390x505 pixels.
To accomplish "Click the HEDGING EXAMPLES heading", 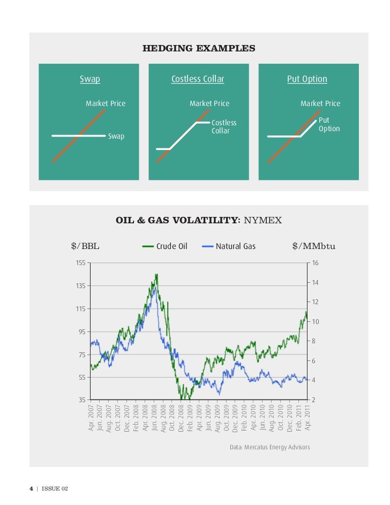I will pos(199,49).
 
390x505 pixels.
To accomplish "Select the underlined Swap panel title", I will pos(89,79).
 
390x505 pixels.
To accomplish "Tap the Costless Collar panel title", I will pos(198,79).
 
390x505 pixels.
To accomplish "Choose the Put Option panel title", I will pos(307,79).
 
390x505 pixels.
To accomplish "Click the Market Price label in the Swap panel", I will pos(106,103).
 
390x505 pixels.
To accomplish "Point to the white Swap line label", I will pos(116,137).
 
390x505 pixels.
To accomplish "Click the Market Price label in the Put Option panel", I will pos(320,103).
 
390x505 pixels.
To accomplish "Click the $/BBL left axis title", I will pos(85,246).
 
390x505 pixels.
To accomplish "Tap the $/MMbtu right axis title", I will pos(313,246).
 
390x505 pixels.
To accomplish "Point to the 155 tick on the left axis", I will pos(80,263).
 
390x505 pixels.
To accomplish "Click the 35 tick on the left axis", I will pos(82,400).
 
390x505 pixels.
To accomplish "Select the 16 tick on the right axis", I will pos(316,263).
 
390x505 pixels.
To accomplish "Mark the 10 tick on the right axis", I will pos(316,321).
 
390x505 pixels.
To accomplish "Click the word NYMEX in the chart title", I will pos(262,220).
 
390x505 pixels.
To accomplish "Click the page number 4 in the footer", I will pos(31,488).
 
